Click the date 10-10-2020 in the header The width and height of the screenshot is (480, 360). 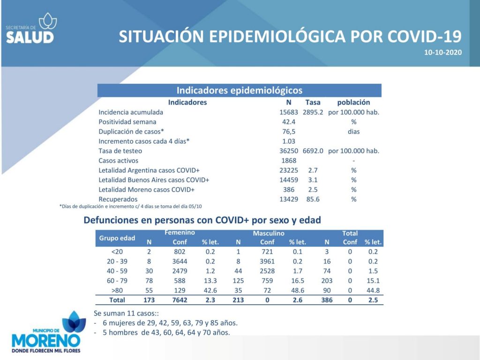pos(442,52)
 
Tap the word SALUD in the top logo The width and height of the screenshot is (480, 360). pos(30,37)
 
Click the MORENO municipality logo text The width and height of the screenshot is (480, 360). pos(46,341)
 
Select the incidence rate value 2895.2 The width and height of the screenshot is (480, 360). pos(313,112)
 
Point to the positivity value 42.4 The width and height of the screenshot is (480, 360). pos(289,122)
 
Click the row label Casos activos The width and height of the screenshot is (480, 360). pos(118,160)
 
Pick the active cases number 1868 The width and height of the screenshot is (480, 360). pos(289,160)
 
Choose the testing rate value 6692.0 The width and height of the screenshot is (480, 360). pos(313,151)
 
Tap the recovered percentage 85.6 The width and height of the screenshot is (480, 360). pos(313,199)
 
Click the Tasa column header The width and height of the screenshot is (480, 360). pos(313,102)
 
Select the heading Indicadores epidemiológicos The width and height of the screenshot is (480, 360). pos(240,90)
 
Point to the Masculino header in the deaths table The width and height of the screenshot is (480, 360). pos(269,233)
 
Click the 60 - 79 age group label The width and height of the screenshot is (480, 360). pos(117,281)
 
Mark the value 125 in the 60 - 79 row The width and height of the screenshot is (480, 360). pos(238,281)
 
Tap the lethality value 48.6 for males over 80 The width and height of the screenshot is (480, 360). pos(298,290)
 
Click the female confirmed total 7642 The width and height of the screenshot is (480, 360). pos(180,300)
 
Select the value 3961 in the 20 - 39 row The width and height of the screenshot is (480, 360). pos(267,262)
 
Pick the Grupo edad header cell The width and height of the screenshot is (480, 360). pos(117,238)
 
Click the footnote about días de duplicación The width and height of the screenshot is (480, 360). pos(130,206)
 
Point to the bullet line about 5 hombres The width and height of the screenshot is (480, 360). pos(162,332)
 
